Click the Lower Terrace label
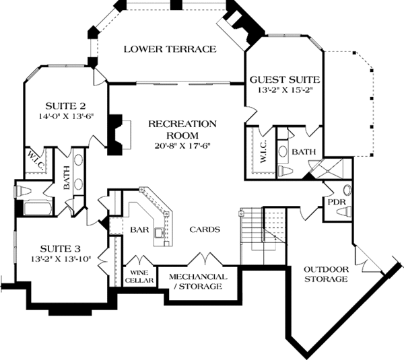170,49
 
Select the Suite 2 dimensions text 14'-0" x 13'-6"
65,116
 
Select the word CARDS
204,229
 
